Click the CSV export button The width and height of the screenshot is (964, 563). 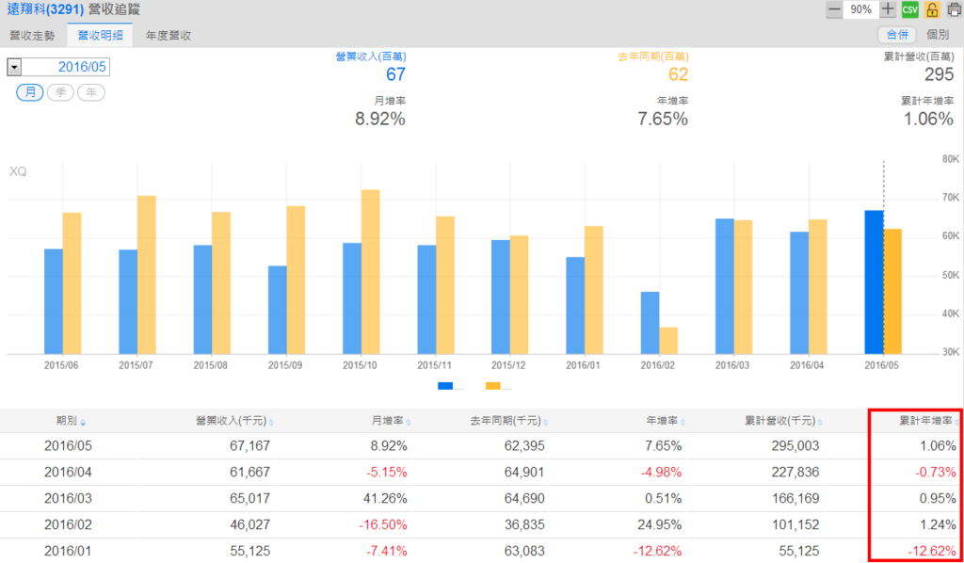click(x=910, y=9)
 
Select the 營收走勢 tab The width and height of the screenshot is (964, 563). click(x=33, y=35)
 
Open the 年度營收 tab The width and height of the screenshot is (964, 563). click(x=169, y=35)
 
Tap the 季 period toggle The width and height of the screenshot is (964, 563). click(x=60, y=92)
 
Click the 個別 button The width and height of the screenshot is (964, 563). click(x=938, y=35)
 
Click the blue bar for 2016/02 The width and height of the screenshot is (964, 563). click(x=651, y=322)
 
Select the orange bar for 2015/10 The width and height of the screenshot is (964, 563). click(x=371, y=271)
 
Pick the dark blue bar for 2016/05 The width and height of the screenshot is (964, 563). click(x=874, y=281)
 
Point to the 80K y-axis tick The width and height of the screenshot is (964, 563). click(x=950, y=159)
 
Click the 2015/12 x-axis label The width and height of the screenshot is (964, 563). click(x=509, y=364)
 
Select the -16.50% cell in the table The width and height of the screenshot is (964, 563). click(x=381, y=524)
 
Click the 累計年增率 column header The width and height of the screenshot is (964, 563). click(x=927, y=421)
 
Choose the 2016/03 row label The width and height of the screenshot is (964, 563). click(x=68, y=498)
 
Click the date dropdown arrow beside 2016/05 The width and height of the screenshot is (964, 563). click(x=14, y=68)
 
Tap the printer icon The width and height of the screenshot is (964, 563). click(x=954, y=9)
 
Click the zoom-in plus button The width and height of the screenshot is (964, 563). click(x=889, y=9)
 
